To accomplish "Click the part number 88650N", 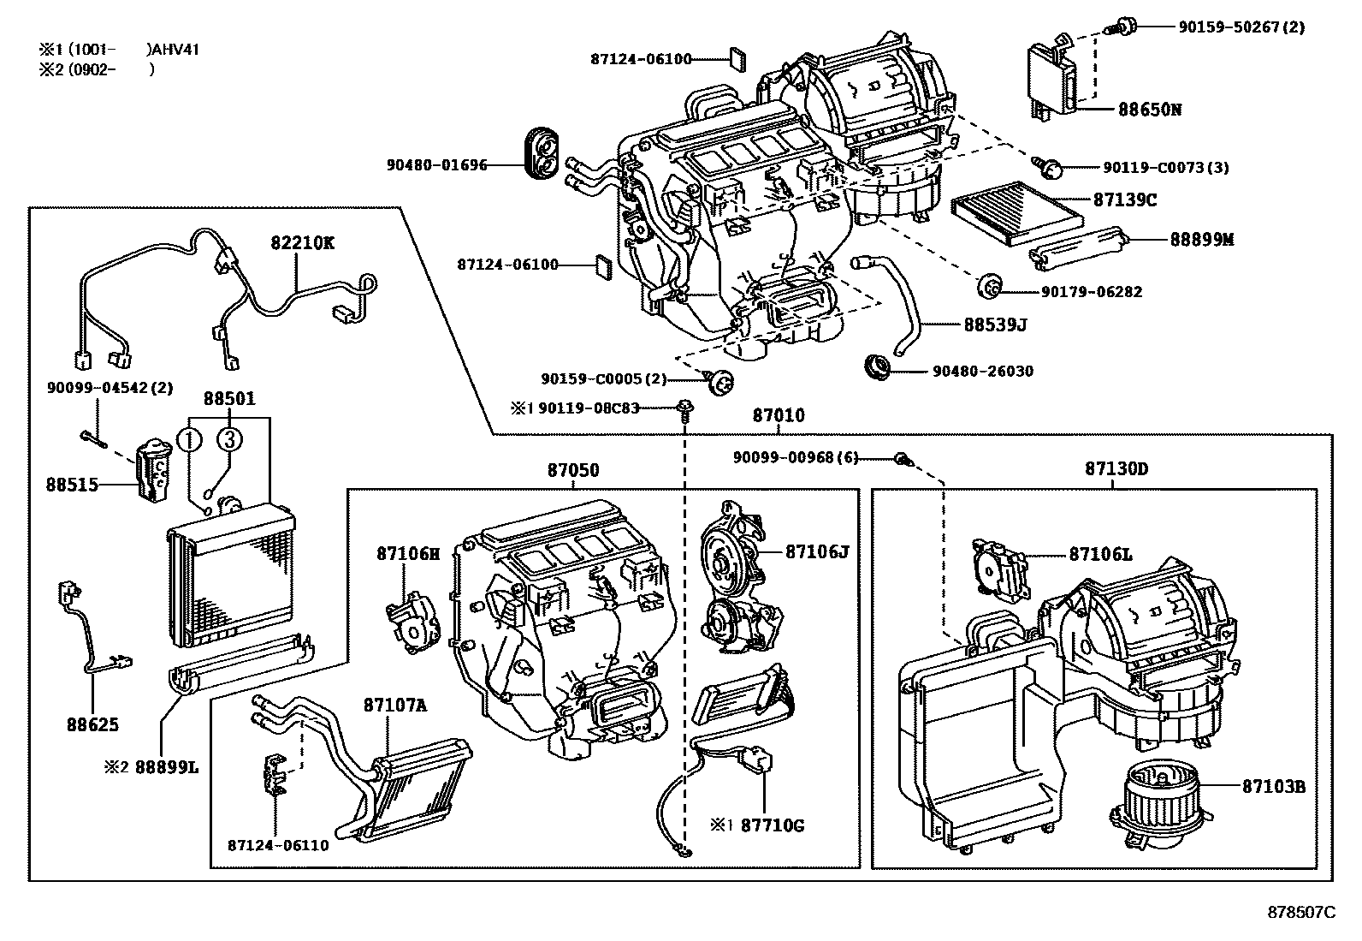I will coord(1149,110).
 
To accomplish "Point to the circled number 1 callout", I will coord(189,439).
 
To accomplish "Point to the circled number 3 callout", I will coord(229,439).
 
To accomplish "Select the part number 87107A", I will coord(394,706).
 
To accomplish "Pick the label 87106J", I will coord(816,551).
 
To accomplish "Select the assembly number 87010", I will coord(778,416).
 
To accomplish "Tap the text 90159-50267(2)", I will coord(1241,27).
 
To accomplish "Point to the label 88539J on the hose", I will coord(994,325).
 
